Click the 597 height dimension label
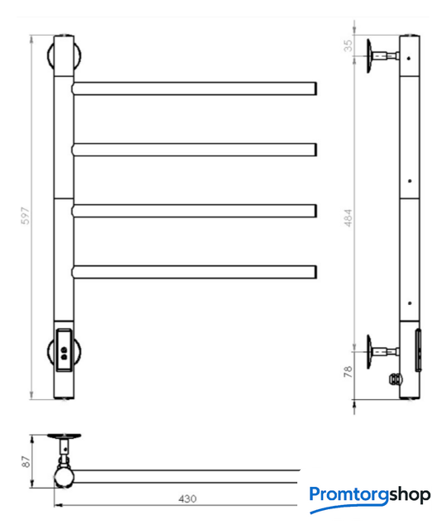(x=26, y=216)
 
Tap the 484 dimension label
(x=348, y=217)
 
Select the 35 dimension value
(x=348, y=45)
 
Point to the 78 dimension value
(x=348, y=371)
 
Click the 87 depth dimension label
(x=26, y=461)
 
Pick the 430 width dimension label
(x=187, y=498)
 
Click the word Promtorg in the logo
(x=349, y=495)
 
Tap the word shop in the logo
(x=410, y=495)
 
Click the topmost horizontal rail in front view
(x=194, y=88)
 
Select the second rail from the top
(x=194, y=150)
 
